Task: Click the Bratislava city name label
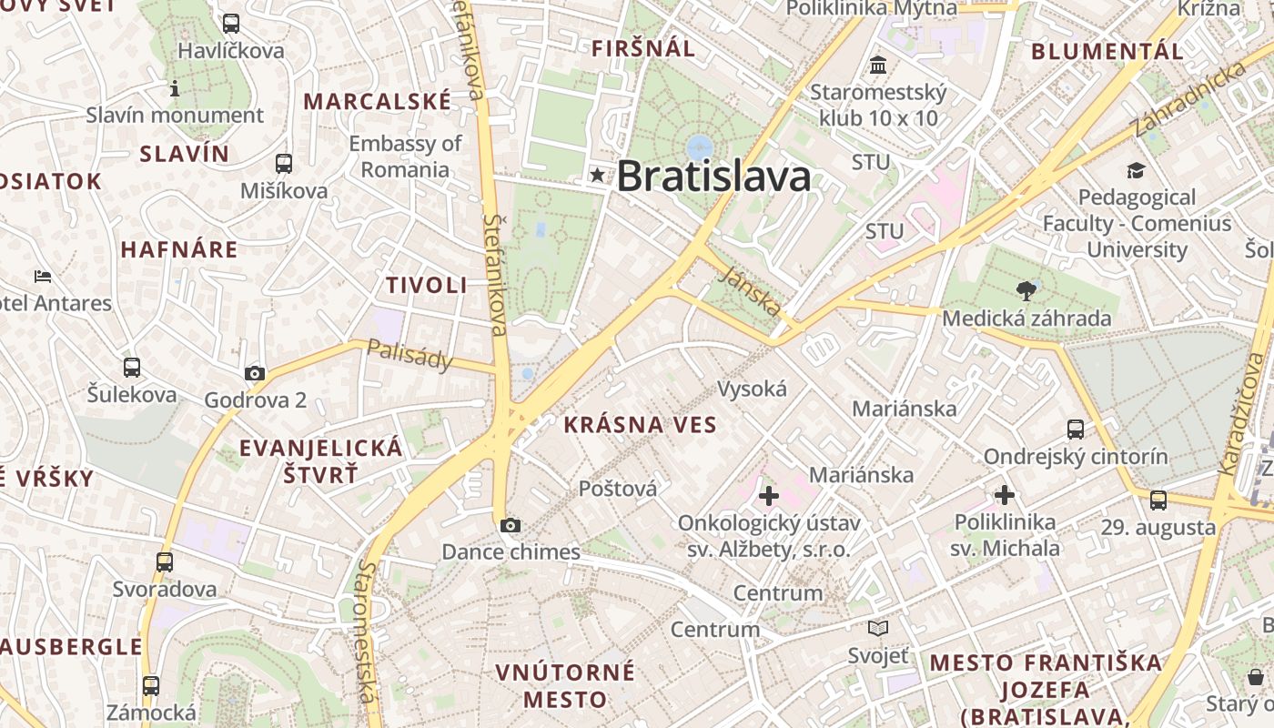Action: tap(713, 176)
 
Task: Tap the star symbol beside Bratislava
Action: tap(597, 175)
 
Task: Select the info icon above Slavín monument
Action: tap(175, 88)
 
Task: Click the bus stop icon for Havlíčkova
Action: tap(231, 24)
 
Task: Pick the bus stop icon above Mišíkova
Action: tap(284, 164)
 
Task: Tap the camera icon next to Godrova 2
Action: tap(255, 373)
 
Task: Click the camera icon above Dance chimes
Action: tap(511, 525)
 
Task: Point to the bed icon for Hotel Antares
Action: tap(42, 276)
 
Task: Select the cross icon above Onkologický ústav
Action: tap(769, 496)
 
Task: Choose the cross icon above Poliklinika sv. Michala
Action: tap(1005, 495)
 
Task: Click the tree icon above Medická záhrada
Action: tap(1026, 291)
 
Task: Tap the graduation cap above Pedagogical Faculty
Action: tap(1136, 171)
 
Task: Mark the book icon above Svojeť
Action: tap(878, 628)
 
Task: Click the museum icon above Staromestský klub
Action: tap(879, 66)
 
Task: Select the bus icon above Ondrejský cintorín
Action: tap(1076, 430)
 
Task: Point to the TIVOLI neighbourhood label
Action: tap(426, 285)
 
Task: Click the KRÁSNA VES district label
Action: tap(640, 424)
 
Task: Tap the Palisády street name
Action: tap(410, 355)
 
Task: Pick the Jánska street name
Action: tap(749, 290)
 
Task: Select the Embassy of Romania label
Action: tap(405, 157)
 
